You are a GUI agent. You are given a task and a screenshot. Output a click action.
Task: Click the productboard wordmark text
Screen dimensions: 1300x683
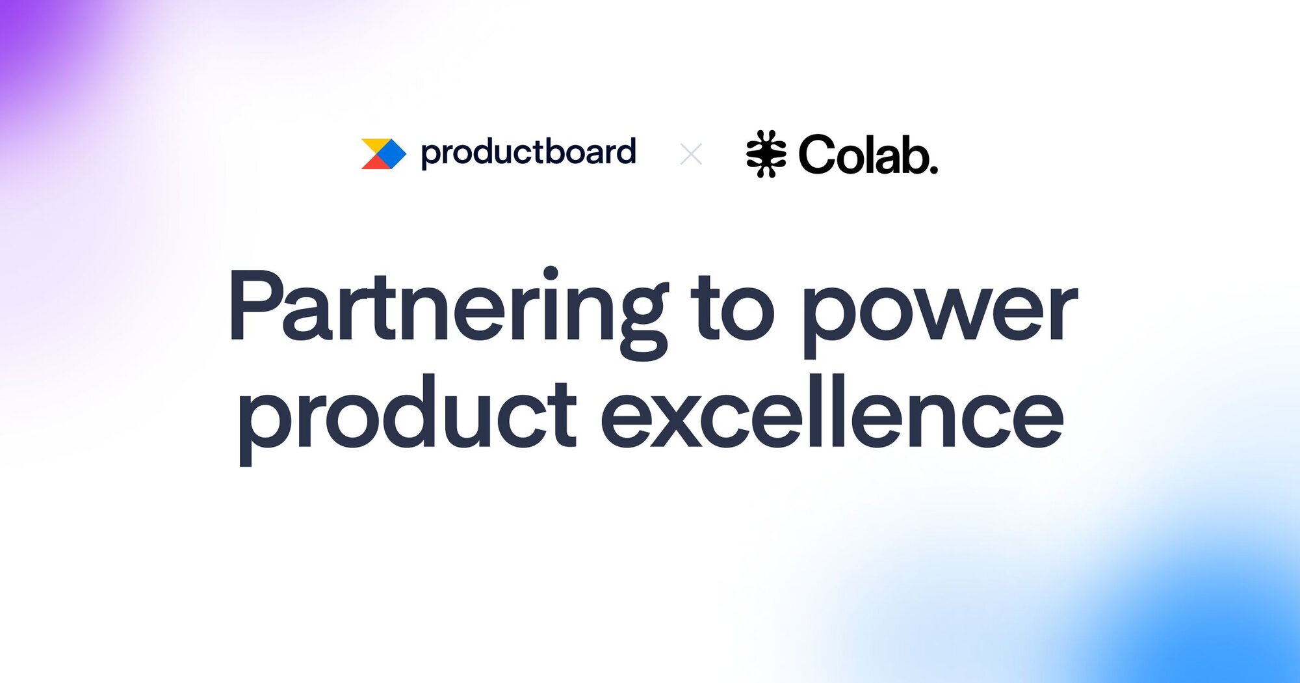point(528,153)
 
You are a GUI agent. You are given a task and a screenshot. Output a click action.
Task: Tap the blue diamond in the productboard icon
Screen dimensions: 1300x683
point(389,154)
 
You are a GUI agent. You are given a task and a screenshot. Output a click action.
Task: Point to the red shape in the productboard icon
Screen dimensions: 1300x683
point(374,162)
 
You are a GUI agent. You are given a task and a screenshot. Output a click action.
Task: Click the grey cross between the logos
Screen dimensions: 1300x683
point(691,154)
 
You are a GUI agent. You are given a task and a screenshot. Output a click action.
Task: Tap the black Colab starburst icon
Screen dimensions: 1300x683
point(766,154)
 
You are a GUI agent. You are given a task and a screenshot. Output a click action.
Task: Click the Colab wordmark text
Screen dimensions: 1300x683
point(868,155)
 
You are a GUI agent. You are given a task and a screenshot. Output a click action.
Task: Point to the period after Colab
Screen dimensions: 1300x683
point(933,170)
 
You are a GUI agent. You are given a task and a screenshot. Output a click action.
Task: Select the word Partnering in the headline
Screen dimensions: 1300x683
point(448,312)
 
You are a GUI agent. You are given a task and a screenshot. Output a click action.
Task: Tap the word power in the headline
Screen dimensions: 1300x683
point(940,319)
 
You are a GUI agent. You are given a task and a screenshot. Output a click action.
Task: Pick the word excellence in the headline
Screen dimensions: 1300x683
point(833,411)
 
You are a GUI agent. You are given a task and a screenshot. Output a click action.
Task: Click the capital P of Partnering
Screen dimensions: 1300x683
point(257,305)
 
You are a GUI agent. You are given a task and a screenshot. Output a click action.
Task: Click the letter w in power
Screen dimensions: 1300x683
point(940,313)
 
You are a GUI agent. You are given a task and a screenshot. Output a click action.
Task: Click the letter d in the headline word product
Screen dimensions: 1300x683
point(408,411)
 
